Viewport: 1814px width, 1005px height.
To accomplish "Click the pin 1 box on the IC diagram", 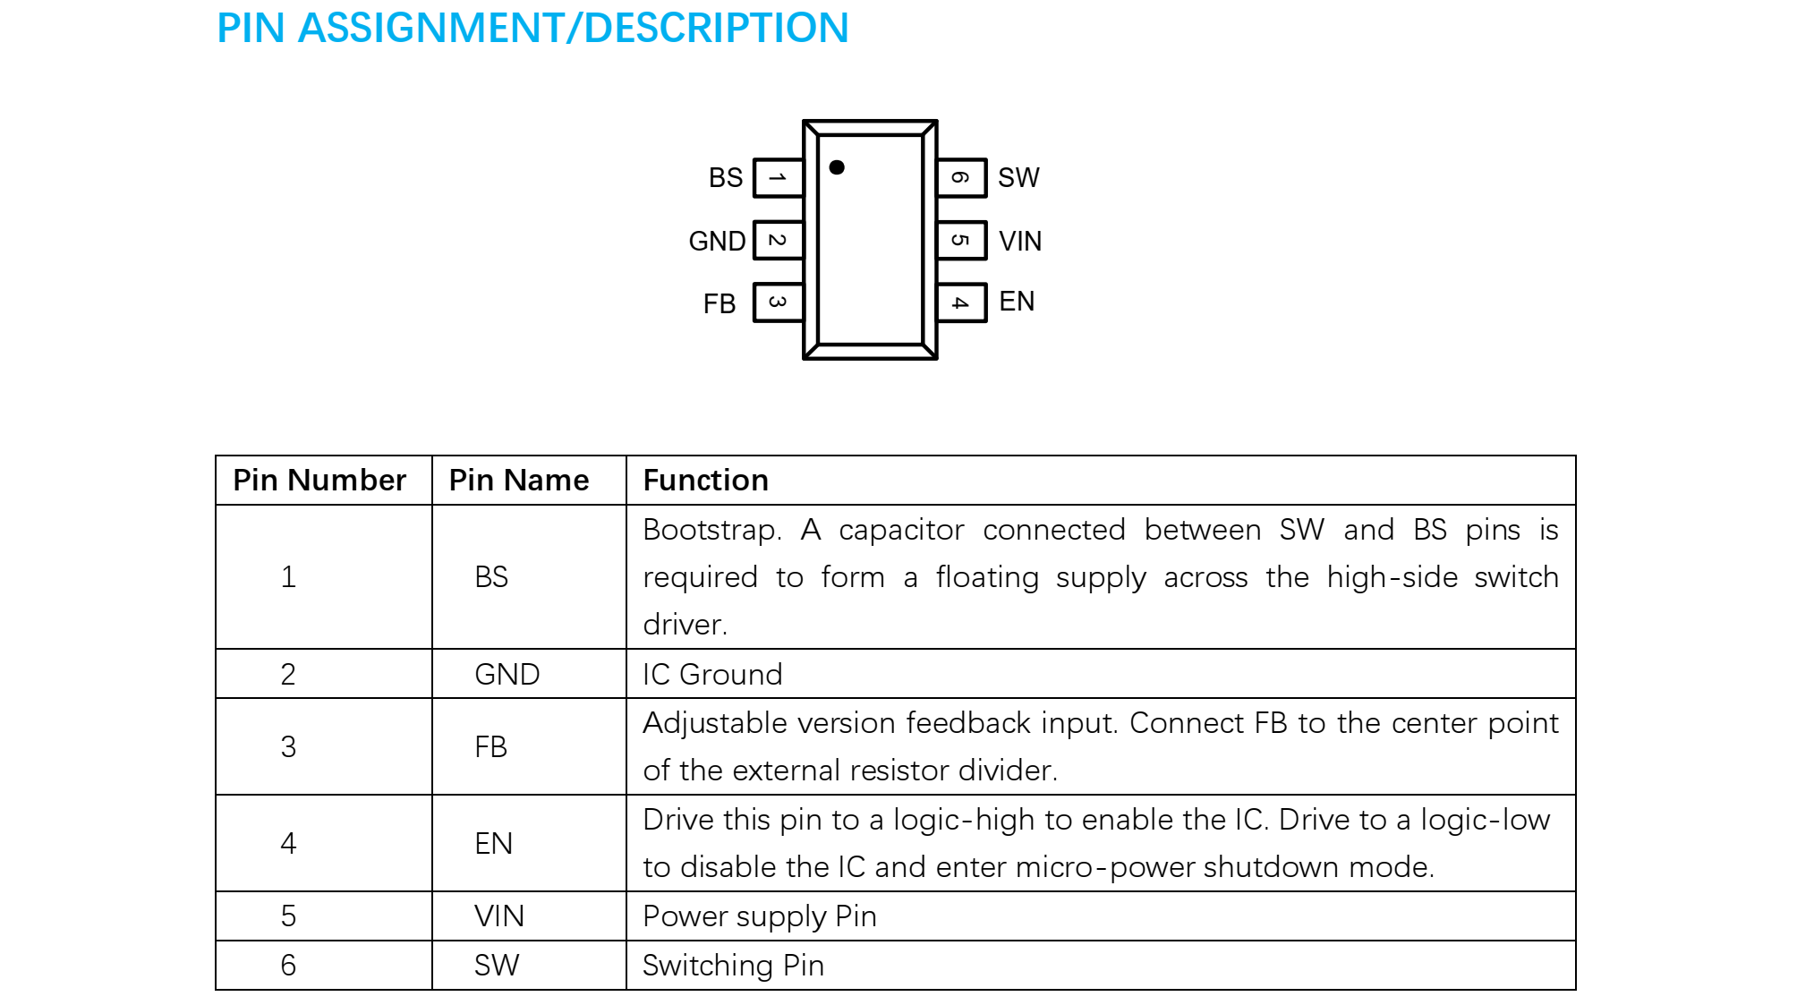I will click(778, 178).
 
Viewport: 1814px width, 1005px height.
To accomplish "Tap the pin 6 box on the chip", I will click(961, 178).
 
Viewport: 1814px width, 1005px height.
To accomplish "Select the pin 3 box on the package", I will click(778, 302).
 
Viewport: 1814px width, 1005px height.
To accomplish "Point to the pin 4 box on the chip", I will click(961, 302).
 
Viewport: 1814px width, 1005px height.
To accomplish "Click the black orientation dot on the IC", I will click(837, 167).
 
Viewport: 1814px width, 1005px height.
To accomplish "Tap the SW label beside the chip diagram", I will click(1018, 178).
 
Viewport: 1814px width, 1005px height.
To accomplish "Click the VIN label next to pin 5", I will click(1020, 241).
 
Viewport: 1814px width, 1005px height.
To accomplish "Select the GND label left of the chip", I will click(717, 241).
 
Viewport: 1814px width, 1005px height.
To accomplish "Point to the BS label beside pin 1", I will click(726, 178).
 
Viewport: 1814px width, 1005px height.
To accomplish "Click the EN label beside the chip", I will click(1017, 302).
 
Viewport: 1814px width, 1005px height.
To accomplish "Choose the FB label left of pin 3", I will click(720, 304).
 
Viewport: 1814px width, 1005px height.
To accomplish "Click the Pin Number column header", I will click(319, 481).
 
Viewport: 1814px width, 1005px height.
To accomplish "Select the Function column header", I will click(705, 481).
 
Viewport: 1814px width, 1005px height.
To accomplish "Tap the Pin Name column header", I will click(519, 481).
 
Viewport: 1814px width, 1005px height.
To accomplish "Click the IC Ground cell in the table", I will click(712, 674).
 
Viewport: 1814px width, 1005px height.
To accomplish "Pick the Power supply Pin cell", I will click(759, 916).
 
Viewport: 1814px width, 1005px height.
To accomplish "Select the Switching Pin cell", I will click(733, 966).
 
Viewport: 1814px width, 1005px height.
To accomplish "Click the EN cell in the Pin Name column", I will click(493, 843).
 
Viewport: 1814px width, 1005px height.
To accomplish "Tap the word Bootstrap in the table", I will click(711, 530).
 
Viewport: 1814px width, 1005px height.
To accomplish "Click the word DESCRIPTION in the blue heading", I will click(716, 28).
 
